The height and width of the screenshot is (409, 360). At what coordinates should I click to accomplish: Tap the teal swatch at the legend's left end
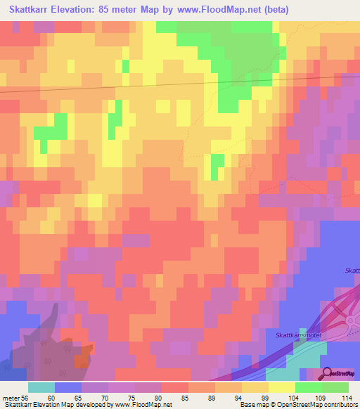(41, 387)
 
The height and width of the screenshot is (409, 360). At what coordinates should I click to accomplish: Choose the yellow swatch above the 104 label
(282, 387)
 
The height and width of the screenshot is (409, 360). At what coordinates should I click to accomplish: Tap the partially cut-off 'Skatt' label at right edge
(352, 271)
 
